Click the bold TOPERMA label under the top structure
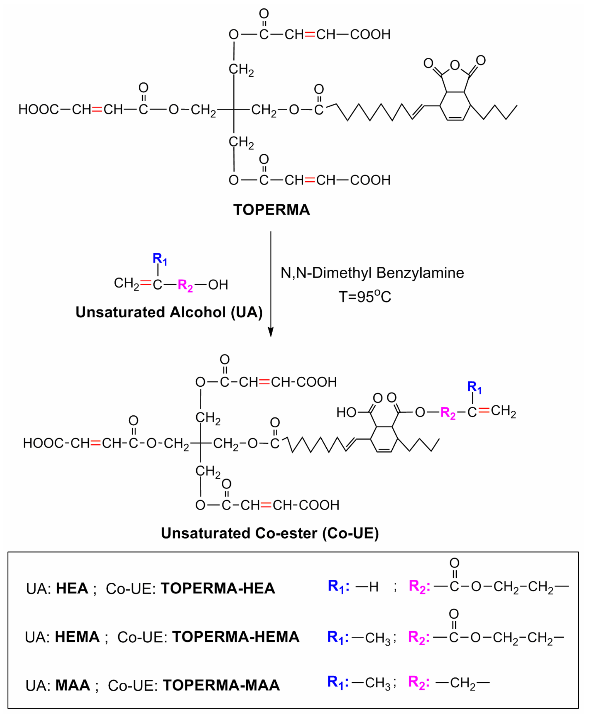coord(272,210)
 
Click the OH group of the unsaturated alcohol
coord(218,285)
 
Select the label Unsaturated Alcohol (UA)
coord(169,312)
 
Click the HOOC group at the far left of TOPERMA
coord(38,109)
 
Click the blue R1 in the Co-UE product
coord(474,387)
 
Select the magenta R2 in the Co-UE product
coord(447,413)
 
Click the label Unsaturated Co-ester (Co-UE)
coord(270,533)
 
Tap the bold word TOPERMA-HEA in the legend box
coord(218,588)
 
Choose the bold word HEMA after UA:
coord(77,637)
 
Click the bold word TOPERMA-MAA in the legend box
coord(221,685)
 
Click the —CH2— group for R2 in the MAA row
coord(462,683)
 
